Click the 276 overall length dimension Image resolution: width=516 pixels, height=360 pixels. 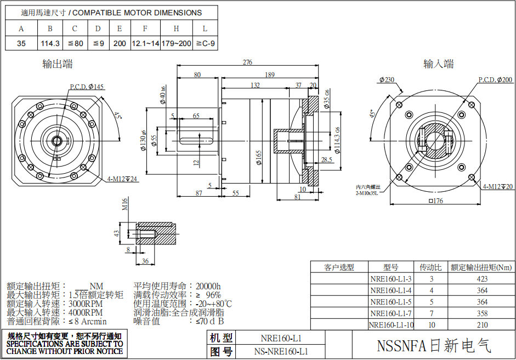(x=247, y=62)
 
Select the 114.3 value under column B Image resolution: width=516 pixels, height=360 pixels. (x=50, y=43)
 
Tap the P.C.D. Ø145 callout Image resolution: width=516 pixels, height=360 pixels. (x=87, y=87)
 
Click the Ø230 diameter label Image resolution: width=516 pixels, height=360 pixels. (x=387, y=80)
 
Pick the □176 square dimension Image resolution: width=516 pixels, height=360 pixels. (x=434, y=201)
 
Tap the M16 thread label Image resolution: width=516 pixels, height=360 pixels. (x=125, y=205)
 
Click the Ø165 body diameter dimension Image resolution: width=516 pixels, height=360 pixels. (x=258, y=158)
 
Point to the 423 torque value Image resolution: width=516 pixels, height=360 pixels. (x=482, y=279)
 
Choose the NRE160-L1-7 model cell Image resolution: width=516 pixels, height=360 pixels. (x=391, y=313)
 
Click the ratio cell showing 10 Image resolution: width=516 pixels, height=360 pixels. (x=431, y=325)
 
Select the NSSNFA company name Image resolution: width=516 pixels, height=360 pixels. (x=434, y=346)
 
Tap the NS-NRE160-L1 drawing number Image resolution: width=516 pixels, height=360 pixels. (x=281, y=352)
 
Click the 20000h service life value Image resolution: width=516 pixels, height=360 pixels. (x=208, y=286)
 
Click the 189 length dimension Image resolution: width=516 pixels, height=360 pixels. (x=270, y=75)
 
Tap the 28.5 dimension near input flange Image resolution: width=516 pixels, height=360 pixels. (x=327, y=159)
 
